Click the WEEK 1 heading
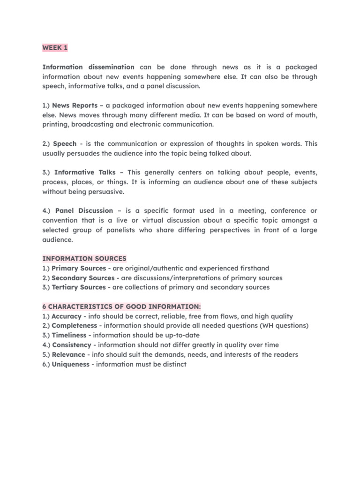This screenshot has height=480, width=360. coord(55,47)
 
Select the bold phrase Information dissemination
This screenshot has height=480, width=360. coord(88,67)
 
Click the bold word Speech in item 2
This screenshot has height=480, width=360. coord(65,143)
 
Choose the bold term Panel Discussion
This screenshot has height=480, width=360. coord(84,211)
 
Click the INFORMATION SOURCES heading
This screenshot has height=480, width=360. coord(84,258)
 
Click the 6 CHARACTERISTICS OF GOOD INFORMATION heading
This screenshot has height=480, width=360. coord(121,307)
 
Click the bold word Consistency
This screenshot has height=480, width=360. coord(72,345)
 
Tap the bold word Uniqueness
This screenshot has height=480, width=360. coord(70,364)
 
